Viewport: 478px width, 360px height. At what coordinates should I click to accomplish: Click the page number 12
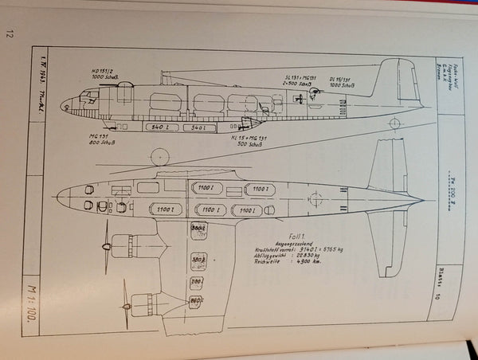(10, 33)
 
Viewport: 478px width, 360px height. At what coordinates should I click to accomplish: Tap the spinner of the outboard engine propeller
(125, 307)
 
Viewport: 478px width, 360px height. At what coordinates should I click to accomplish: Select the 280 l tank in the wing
(198, 232)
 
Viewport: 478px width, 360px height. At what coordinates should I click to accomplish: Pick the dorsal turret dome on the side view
(167, 76)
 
